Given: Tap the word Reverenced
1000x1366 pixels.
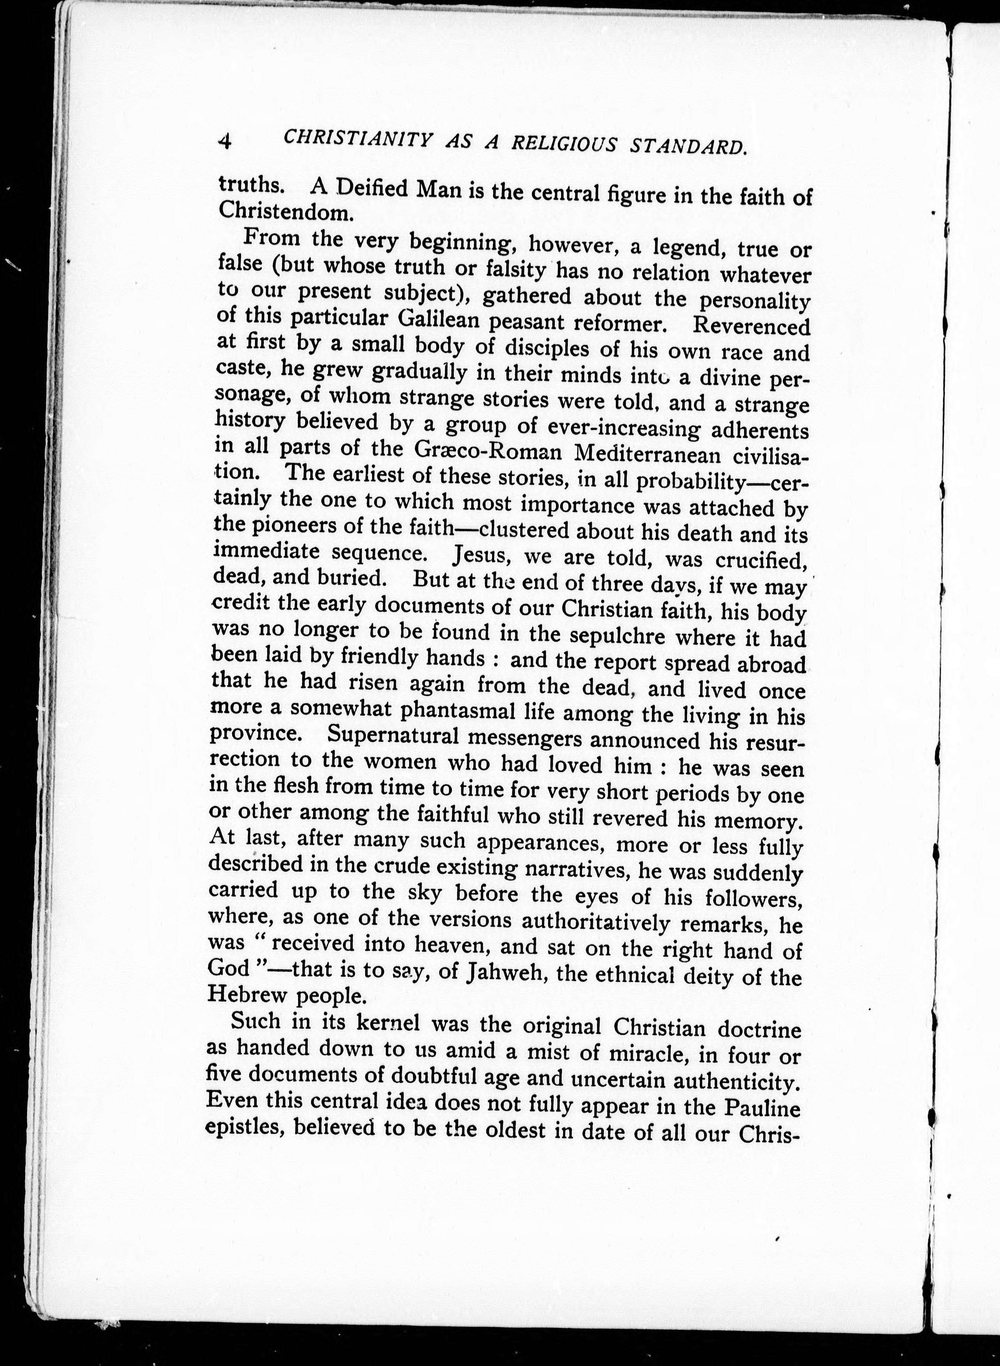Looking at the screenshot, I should tap(751, 327).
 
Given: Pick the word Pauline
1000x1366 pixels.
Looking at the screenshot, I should tap(764, 1108).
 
